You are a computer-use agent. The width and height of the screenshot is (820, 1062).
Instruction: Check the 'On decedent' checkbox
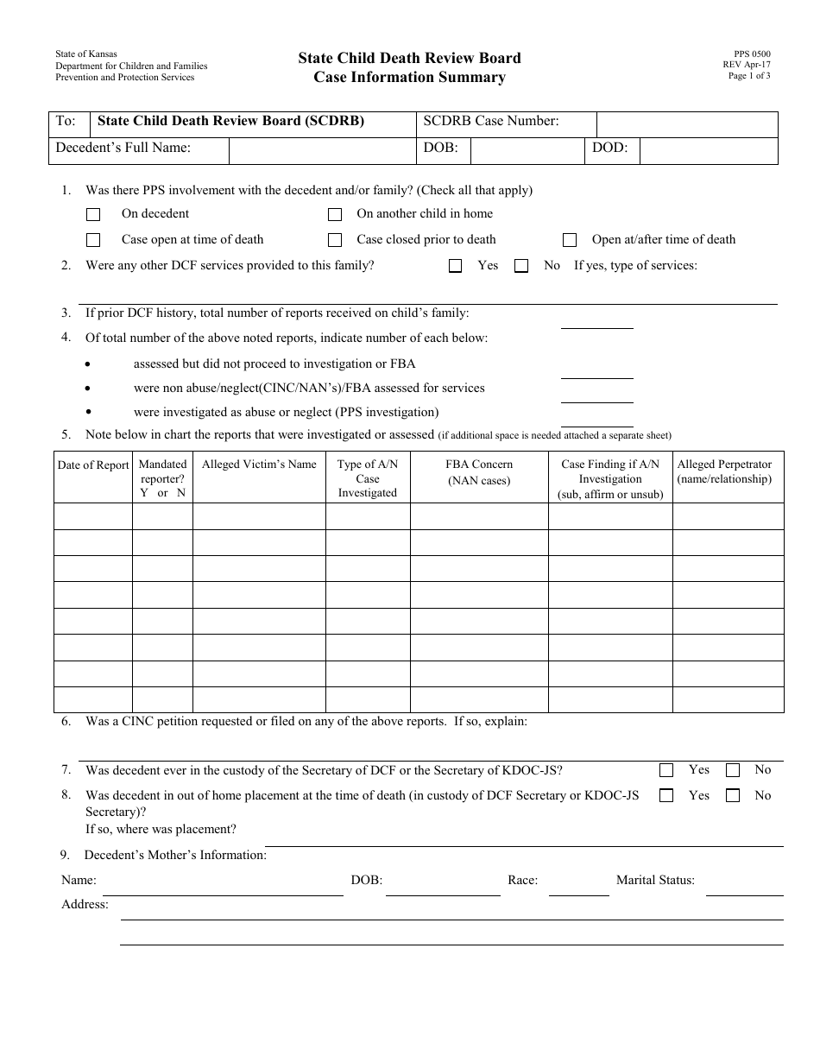(93, 215)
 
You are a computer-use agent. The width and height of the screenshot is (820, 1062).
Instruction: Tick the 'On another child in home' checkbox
(335, 215)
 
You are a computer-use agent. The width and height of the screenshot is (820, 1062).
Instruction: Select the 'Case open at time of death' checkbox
(93, 241)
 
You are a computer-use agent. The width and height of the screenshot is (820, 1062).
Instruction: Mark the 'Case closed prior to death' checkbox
(335, 241)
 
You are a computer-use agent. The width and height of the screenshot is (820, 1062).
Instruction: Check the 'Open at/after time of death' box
(570, 241)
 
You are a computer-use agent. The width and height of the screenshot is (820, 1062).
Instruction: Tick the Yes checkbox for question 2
(456, 267)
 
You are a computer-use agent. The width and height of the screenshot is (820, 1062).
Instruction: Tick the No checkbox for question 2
(521, 267)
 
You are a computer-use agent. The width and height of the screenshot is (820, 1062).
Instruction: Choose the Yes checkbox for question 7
(666, 770)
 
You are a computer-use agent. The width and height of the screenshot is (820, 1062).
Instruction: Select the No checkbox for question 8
(733, 796)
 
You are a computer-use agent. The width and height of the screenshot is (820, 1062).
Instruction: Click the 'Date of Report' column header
(93, 465)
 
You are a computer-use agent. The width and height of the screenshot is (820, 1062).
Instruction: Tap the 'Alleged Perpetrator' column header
(724, 471)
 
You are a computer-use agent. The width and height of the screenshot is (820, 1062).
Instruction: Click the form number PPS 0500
(747, 54)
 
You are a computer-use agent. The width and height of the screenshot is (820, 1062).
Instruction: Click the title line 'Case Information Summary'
(410, 78)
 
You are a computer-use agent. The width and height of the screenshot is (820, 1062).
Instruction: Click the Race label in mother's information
(522, 881)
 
